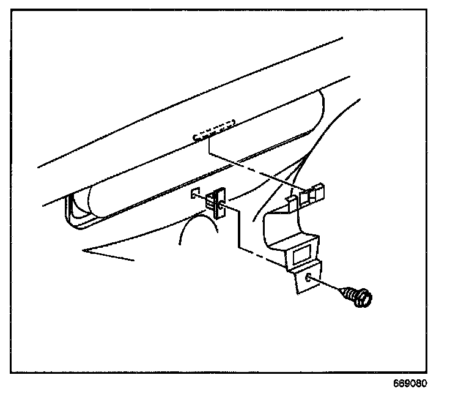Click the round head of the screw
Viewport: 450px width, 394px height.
pyautogui.click(x=363, y=298)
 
